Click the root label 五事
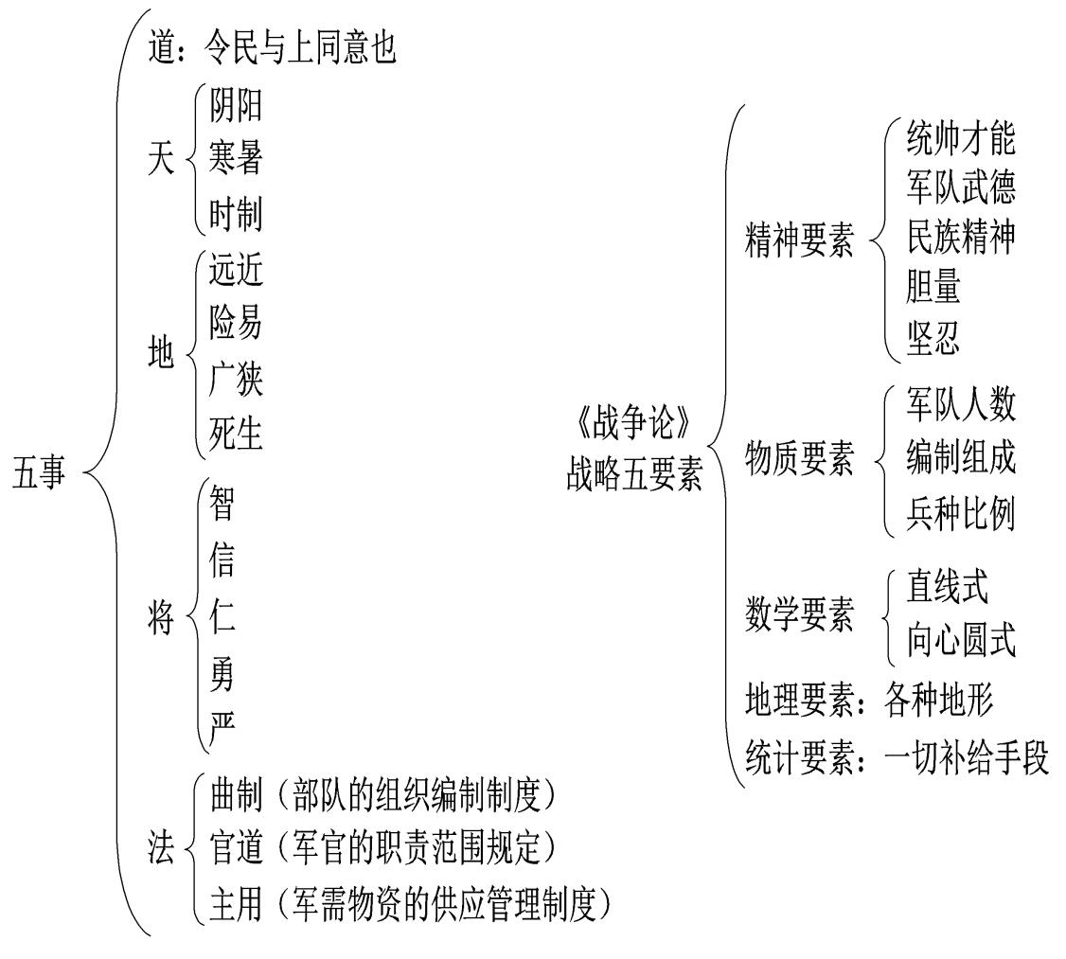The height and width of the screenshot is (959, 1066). click(39, 473)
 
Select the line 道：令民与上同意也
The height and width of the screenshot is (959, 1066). click(272, 50)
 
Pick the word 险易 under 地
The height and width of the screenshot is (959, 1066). click(235, 326)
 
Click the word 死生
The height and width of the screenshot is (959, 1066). click(235, 435)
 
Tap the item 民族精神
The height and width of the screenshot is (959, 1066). click(960, 240)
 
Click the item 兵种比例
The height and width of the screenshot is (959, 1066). click(960, 516)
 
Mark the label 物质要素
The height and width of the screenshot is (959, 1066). click(799, 461)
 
